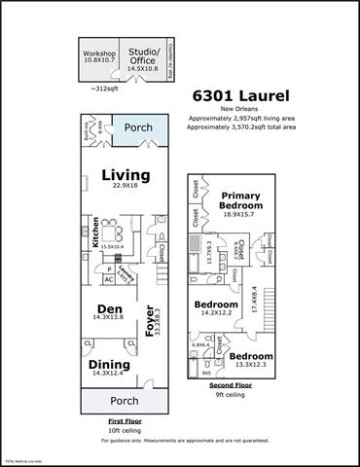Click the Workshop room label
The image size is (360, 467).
click(99, 53)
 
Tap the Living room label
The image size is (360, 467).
click(126, 175)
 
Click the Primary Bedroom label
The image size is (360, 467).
click(240, 199)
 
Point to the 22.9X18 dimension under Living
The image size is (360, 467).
click(126, 187)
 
